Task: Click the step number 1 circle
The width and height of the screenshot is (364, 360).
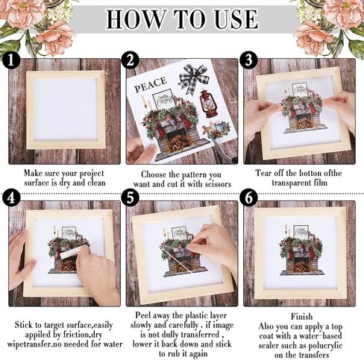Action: point(10,60)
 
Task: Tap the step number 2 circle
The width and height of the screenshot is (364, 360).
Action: point(130,60)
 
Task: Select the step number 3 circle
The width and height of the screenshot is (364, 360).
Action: point(248,60)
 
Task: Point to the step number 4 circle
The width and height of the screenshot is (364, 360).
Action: point(10,198)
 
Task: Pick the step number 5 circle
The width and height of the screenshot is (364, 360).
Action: point(130,198)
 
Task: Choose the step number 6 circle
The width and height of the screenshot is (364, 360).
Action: point(248,198)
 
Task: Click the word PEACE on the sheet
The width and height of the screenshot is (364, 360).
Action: point(150,84)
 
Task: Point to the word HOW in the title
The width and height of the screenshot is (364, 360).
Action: point(136,19)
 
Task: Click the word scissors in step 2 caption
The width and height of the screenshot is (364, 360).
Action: point(218,184)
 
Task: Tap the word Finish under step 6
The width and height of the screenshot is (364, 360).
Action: point(301,316)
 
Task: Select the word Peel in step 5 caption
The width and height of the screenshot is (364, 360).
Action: point(143,315)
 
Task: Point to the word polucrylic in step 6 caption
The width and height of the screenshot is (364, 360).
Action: point(325,346)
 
